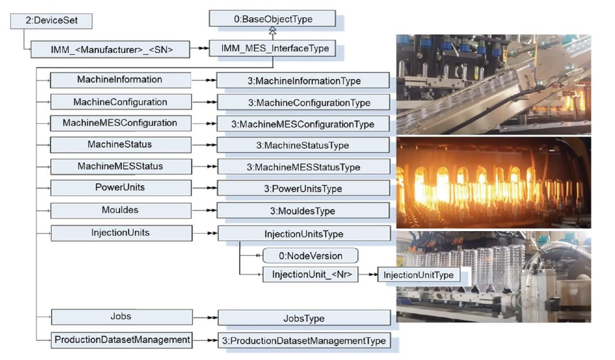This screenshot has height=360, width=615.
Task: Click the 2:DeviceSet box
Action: pos(51,21)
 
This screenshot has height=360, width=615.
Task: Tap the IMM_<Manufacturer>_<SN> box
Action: pos(110,49)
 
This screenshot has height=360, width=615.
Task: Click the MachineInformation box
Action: pos(120,80)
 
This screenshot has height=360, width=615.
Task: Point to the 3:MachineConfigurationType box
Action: pos(303,102)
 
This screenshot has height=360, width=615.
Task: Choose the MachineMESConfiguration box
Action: pos(120,123)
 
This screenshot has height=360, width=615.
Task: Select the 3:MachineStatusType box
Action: pos(303,146)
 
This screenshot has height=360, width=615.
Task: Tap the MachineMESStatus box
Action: pos(120,167)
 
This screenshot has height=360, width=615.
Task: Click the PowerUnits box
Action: pos(120,188)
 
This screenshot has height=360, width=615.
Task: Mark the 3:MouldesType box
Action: pos(303,211)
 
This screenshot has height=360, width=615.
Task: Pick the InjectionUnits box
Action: pos(120,232)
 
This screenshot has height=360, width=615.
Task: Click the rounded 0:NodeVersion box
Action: pos(310,256)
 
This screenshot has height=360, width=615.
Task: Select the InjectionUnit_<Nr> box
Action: pos(310,275)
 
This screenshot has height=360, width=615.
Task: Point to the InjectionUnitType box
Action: pos(418,275)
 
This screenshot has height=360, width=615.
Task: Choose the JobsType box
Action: pos(303,318)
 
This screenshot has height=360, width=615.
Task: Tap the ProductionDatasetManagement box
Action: pos(121,340)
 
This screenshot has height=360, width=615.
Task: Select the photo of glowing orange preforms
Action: pos(493,183)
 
